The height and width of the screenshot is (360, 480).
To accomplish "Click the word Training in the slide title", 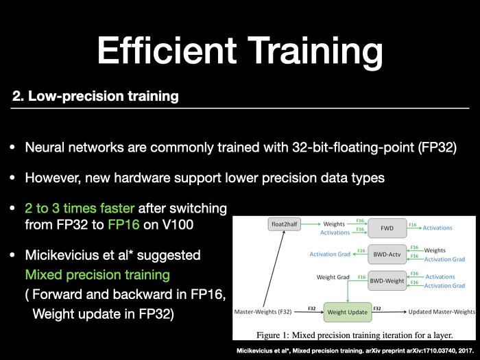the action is (x=315, y=53).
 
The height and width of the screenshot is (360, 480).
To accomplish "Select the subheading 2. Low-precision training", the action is (x=95, y=97).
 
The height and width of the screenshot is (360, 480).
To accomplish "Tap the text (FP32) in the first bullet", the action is (x=437, y=147).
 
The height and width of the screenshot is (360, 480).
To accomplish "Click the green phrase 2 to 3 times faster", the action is (x=80, y=208).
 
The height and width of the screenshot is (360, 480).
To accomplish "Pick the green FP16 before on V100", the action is (x=123, y=225).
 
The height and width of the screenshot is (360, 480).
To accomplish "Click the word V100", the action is (x=178, y=225).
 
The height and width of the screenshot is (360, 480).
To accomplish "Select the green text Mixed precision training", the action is (x=97, y=274).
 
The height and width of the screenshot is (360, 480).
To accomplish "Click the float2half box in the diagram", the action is (x=284, y=224).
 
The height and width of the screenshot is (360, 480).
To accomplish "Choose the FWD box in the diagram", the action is (x=387, y=228).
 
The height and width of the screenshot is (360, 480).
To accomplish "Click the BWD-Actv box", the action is (x=387, y=254).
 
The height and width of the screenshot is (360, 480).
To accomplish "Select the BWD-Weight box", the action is (x=387, y=280).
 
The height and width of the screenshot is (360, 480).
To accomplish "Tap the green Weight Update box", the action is (x=348, y=312).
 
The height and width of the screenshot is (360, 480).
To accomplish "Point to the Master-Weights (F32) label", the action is (x=263, y=312).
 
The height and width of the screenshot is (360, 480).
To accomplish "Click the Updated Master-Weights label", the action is (x=442, y=312).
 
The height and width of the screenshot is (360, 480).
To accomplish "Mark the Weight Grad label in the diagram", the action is (x=333, y=277).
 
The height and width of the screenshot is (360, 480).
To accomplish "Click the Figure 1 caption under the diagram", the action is (x=355, y=335).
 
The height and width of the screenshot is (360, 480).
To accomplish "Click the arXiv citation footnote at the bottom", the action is (x=355, y=351).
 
